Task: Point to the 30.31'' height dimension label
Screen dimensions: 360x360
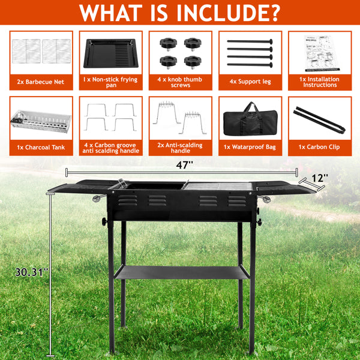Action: [x=32, y=271]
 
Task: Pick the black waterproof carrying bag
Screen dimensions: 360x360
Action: [x=250, y=119]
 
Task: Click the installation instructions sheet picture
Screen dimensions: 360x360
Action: [x=319, y=52]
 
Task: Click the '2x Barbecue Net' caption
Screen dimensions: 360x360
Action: [x=41, y=81]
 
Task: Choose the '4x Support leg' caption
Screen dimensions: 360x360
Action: [x=250, y=81]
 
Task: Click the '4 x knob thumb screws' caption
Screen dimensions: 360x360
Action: [x=181, y=82]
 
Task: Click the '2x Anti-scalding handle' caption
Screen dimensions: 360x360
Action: [x=181, y=147]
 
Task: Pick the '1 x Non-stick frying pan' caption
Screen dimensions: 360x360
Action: [x=111, y=82]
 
